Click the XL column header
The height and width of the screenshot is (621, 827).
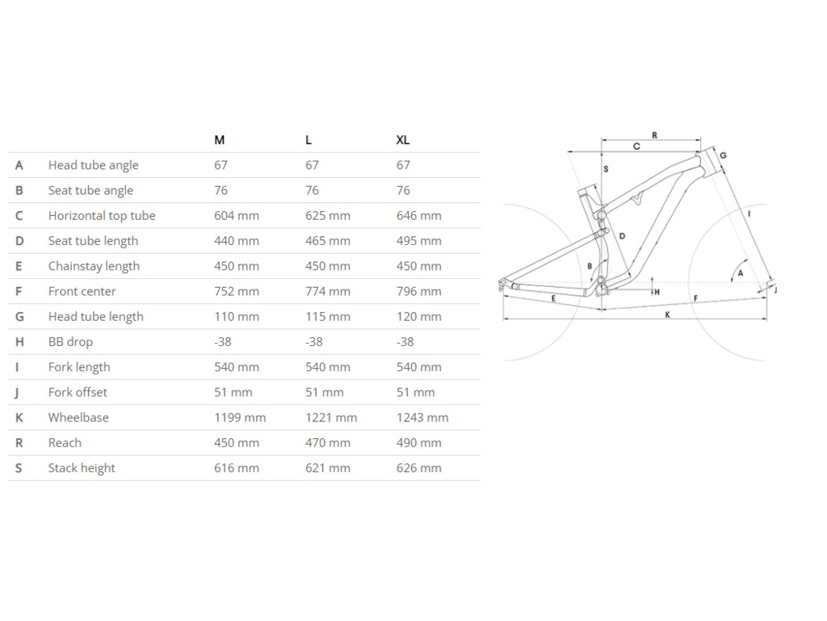tap(402, 140)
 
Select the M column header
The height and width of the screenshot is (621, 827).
tap(219, 140)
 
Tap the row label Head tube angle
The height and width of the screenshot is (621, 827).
tap(93, 165)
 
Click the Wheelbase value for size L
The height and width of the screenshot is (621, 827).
tap(331, 417)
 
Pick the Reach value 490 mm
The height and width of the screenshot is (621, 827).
tap(418, 442)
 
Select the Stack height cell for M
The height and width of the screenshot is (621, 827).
tap(237, 467)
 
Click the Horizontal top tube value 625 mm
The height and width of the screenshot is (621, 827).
tap(328, 215)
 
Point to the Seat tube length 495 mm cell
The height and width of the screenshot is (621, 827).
tap(418, 240)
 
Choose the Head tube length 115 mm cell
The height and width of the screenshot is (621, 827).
tap(328, 316)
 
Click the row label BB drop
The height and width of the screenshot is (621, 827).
tap(70, 341)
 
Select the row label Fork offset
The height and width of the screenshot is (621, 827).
tap(78, 392)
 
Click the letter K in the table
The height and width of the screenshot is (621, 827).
tap(19, 417)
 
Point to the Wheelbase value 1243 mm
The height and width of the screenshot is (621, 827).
tap(422, 417)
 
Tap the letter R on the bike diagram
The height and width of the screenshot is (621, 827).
tap(654, 135)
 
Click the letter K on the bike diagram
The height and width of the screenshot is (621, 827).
tap(668, 315)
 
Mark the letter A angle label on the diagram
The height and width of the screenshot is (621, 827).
tap(740, 273)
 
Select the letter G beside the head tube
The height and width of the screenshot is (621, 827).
tap(723, 155)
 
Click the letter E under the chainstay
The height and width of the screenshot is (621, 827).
tap(553, 299)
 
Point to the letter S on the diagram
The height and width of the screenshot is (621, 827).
tap(606, 170)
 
